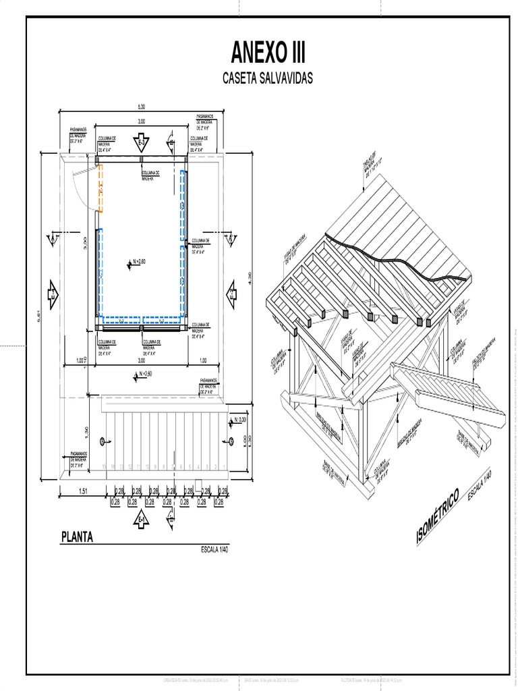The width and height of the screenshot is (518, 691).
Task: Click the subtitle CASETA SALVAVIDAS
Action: tap(268, 79)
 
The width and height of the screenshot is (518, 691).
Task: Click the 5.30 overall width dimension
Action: tap(142, 107)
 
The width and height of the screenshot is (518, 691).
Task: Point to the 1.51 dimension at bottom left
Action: tap(84, 491)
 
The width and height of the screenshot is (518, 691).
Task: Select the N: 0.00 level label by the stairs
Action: tap(239, 421)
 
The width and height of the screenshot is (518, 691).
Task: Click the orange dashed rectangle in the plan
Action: tap(100, 188)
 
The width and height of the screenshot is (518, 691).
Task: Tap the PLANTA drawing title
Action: tap(77, 538)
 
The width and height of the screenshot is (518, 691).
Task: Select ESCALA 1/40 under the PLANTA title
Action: tap(215, 550)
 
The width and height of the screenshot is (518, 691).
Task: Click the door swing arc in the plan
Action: tap(79, 189)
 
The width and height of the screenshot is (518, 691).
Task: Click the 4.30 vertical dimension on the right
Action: tap(250, 276)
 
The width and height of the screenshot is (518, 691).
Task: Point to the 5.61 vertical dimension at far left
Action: tap(39, 314)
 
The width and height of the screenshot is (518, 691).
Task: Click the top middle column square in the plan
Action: tap(142, 160)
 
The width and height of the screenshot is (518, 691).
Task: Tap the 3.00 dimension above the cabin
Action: tap(142, 121)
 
